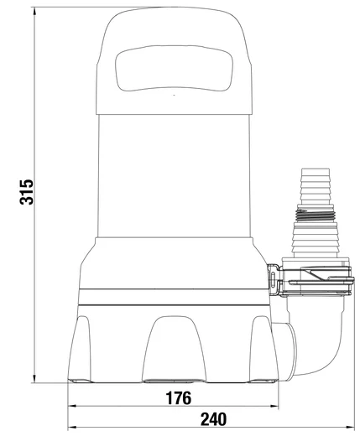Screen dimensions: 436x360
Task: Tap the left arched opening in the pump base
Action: pos(93,352)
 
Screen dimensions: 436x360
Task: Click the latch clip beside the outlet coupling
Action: pos(275,278)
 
